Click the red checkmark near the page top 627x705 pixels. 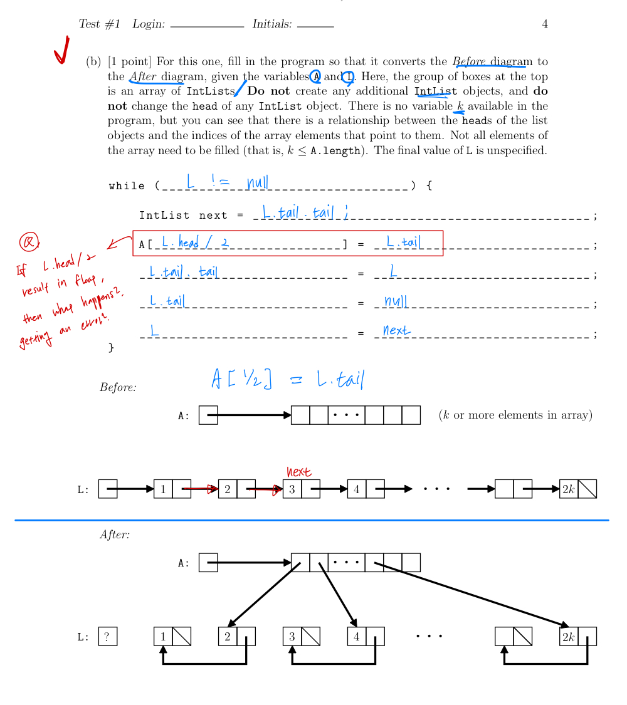pyautogui.click(x=61, y=50)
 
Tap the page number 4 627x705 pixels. pyautogui.click(x=545, y=24)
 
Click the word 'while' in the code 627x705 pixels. pyautogui.click(x=127, y=185)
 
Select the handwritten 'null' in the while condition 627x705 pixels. pyautogui.click(x=257, y=182)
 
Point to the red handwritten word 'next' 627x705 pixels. pyautogui.click(x=299, y=472)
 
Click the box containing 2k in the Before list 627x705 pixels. pyautogui.click(x=569, y=489)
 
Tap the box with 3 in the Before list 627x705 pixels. pyautogui.click(x=292, y=489)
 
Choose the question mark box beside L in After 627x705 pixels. pyautogui.click(x=107, y=637)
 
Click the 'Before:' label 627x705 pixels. pyautogui.click(x=118, y=387)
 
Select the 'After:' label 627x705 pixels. pyautogui.click(x=115, y=535)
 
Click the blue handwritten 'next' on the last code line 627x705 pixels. pyautogui.click(x=396, y=330)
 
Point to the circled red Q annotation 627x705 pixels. pyautogui.click(x=29, y=241)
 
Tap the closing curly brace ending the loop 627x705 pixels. pyautogui.click(x=112, y=347)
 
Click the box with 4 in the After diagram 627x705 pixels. pyautogui.click(x=357, y=637)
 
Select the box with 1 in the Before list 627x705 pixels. pyautogui.click(x=163, y=489)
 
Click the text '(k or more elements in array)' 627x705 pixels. pyautogui.click(x=515, y=415)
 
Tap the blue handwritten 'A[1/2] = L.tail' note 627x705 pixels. pyautogui.click(x=288, y=379)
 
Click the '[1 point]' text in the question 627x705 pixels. pyautogui.click(x=129, y=61)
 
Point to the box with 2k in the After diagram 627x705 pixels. pyautogui.click(x=569, y=637)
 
